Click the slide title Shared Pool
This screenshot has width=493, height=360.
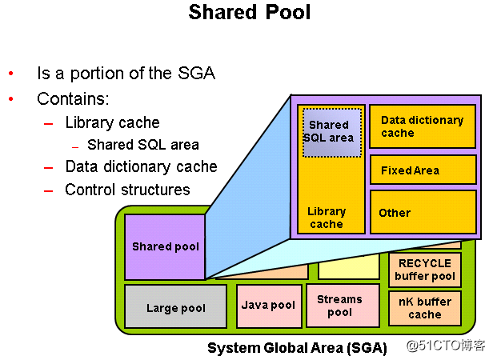[249, 13]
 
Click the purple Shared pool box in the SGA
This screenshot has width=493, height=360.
[165, 246]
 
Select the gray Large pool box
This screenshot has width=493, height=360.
[175, 307]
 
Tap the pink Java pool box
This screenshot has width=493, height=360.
[268, 305]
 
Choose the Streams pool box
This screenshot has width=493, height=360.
[342, 305]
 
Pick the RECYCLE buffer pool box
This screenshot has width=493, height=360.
[424, 270]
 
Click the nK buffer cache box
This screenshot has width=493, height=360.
[424, 308]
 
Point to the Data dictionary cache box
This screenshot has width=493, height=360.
[422, 126]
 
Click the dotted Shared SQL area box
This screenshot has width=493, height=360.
[331, 131]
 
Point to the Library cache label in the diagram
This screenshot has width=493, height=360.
[327, 218]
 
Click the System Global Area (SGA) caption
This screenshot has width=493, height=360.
[297, 348]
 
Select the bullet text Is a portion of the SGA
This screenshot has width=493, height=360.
[126, 74]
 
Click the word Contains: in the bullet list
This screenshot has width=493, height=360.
[73, 99]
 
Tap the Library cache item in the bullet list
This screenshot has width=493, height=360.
[112, 123]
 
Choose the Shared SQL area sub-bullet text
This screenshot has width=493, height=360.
[142, 145]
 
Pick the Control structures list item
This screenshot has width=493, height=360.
[127, 190]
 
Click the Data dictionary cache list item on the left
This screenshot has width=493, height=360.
[141, 166]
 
